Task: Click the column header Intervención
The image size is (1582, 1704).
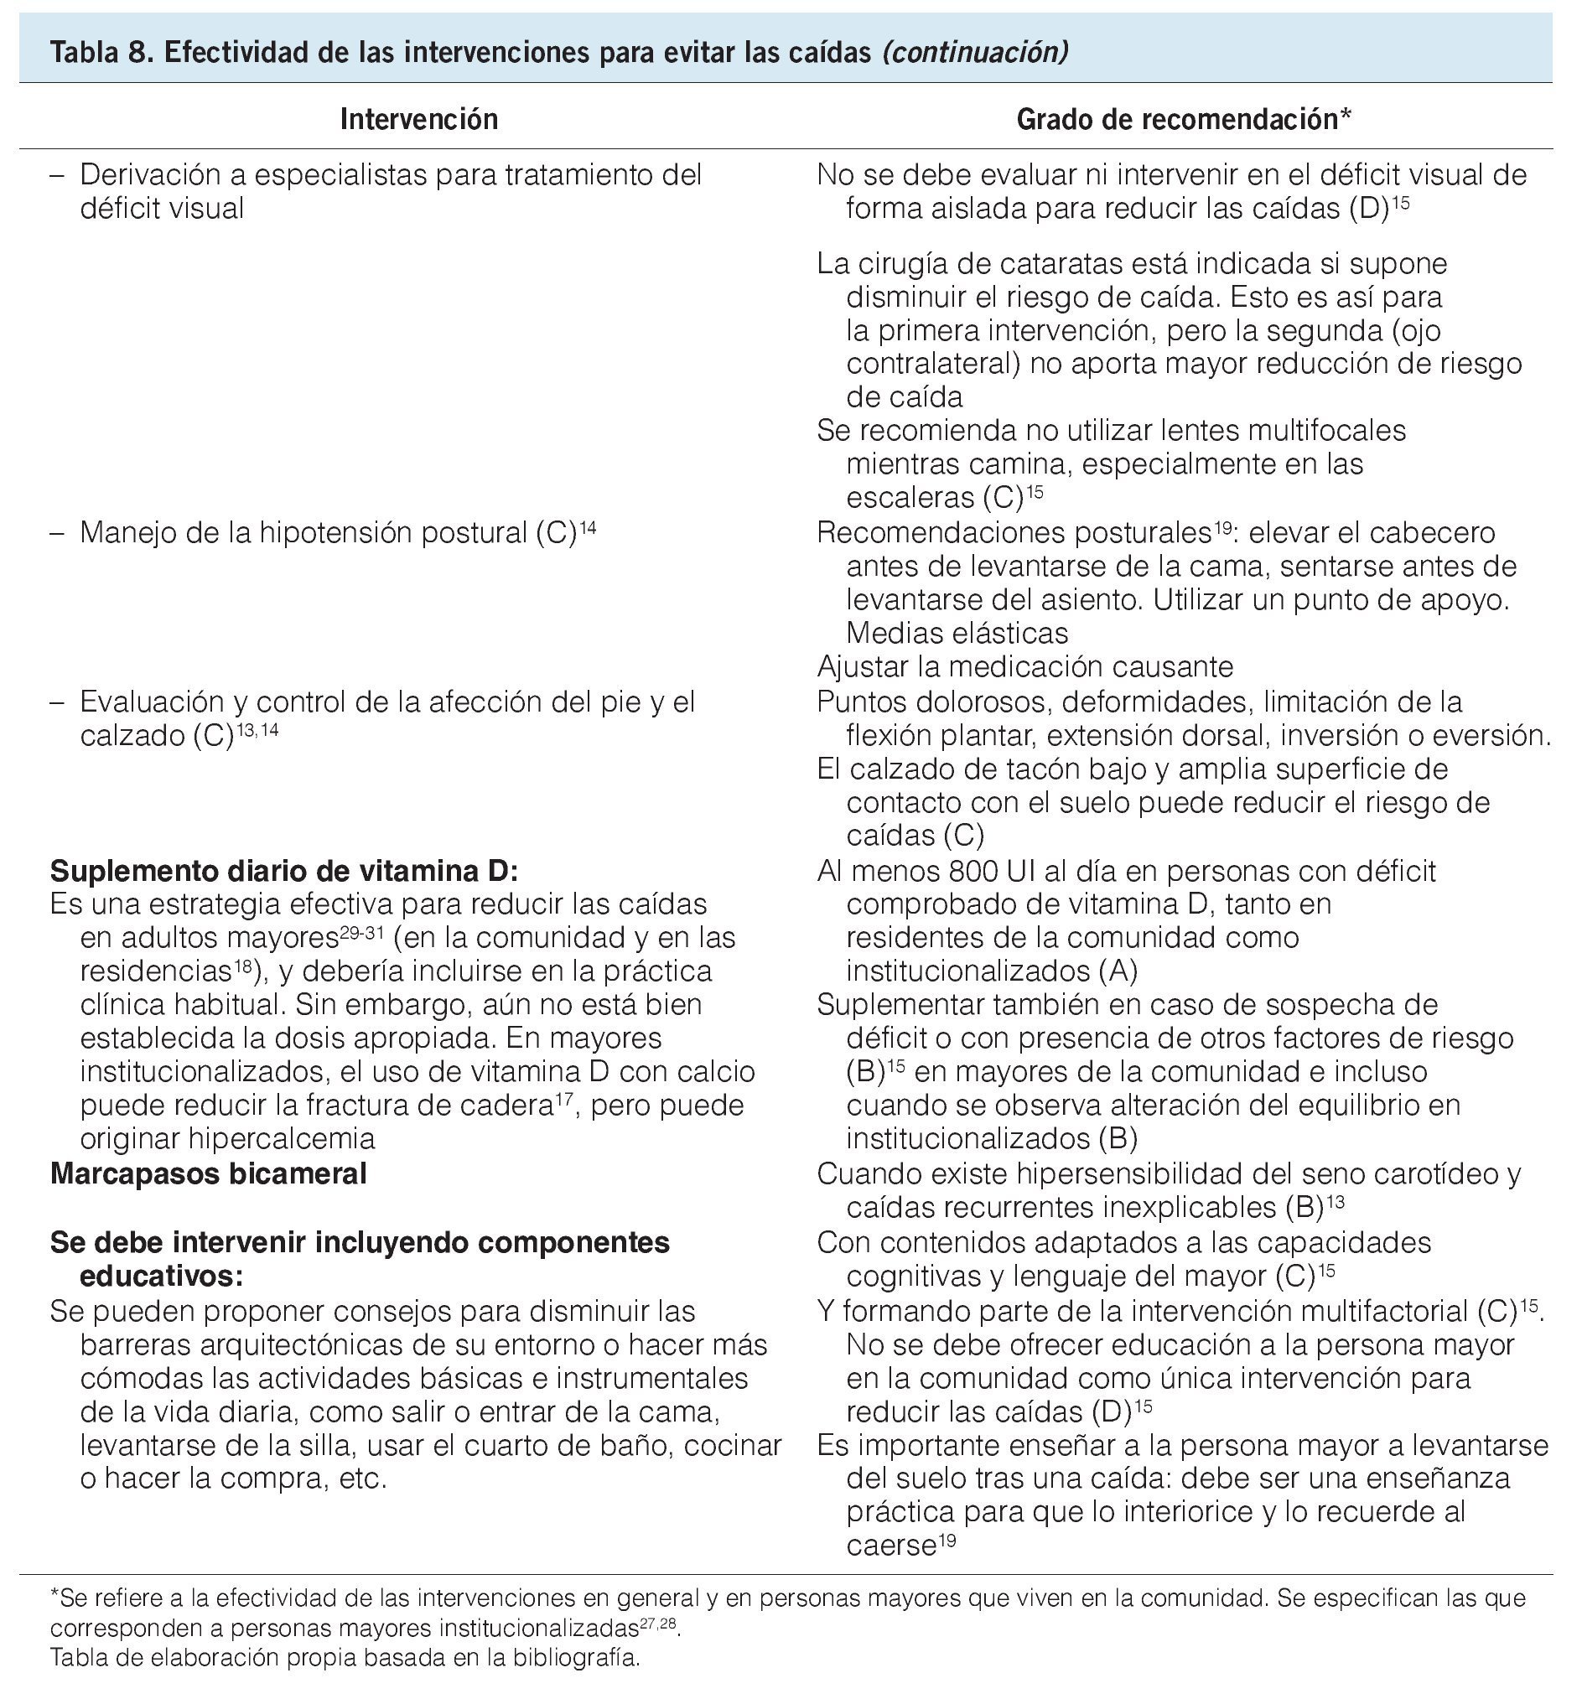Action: click(x=418, y=119)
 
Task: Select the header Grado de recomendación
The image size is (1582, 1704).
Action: click(x=1183, y=119)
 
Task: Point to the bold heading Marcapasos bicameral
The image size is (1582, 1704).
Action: click(x=208, y=1173)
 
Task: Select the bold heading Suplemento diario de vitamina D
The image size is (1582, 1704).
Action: click(x=284, y=871)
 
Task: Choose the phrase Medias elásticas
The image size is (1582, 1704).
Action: click(x=957, y=634)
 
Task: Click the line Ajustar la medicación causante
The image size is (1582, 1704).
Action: click(x=1024, y=666)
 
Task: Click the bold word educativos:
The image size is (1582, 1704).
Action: click(x=162, y=1276)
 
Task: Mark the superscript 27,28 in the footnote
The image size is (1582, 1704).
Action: click(x=659, y=1623)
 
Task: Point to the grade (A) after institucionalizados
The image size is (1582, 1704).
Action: click(x=1118, y=971)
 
